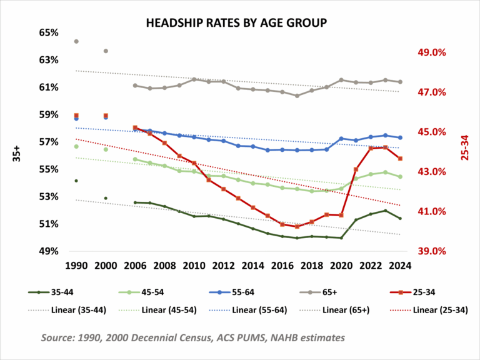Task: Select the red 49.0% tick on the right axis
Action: point(431,52)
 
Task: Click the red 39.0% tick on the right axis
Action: point(431,251)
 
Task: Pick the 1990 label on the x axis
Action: point(76,264)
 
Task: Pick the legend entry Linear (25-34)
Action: point(431,309)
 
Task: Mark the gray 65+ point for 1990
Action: point(76,41)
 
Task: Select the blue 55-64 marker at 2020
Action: point(341,138)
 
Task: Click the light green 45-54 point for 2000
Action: point(106,149)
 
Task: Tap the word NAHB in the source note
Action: point(281,337)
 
